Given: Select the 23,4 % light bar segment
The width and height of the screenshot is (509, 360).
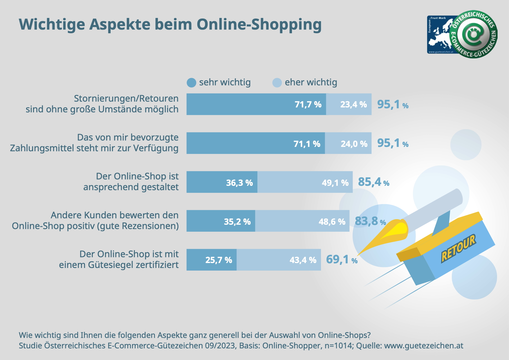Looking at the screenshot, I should (x=349, y=104).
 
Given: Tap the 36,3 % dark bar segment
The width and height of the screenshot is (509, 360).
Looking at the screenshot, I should (x=222, y=182).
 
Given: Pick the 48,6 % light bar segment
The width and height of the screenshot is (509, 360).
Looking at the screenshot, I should (x=302, y=221).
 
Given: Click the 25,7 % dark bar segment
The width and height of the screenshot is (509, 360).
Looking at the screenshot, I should (x=211, y=260).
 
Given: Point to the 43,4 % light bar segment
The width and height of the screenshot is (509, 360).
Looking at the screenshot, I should (x=279, y=260).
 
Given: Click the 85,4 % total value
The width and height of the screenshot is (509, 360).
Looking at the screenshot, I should (x=373, y=182).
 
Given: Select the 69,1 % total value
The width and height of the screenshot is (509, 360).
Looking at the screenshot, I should (x=341, y=260).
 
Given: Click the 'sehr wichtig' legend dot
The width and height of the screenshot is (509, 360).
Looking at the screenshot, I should (x=192, y=83).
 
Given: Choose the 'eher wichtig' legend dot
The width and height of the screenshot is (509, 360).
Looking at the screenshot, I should (x=277, y=83).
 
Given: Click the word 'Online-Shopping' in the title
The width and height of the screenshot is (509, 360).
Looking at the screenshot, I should (x=259, y=24).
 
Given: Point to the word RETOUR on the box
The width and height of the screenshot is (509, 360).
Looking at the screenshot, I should (x=458, y=248).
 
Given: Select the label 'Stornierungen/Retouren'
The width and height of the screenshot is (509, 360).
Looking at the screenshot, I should (x=126, y=99).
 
